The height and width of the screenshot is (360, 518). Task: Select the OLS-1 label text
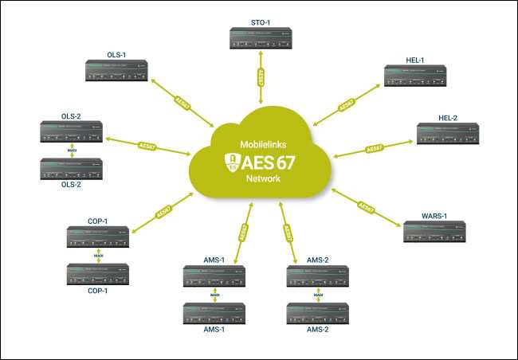tap(116, 55)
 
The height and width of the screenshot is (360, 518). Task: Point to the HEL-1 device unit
tap(414, 76)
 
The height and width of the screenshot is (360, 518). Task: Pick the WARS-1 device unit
tap(435, 231)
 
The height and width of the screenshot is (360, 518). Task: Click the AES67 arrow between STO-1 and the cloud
tap(262, 79)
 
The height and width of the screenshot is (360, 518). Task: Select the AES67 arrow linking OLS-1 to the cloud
tap(182, 104)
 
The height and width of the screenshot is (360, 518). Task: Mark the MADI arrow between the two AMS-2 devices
tap(318, 295)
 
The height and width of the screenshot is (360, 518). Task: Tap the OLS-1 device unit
tap(116, 72)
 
